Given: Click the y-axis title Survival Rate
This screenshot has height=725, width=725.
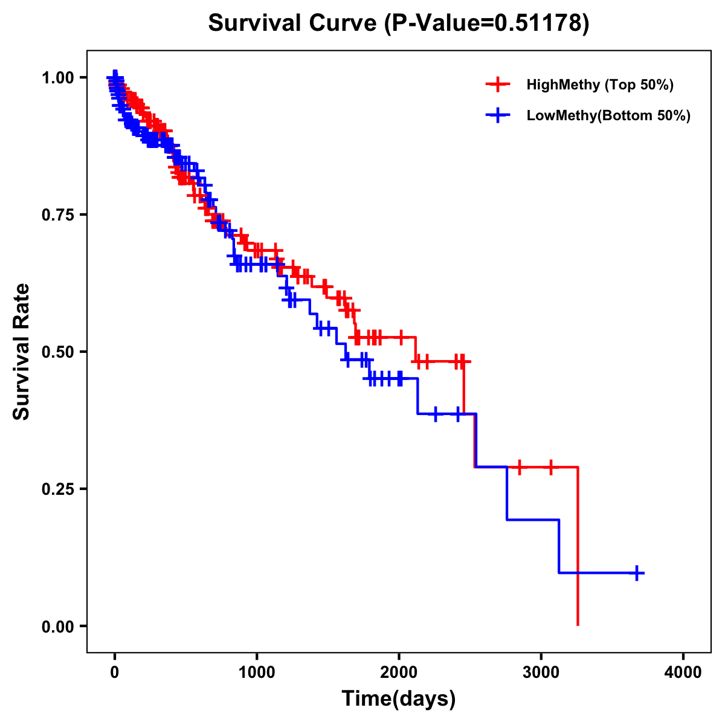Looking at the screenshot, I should pyautogui.click(x=22, y=351).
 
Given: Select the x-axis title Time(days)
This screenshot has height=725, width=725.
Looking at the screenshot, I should pyautogui.click(x=399, y=698).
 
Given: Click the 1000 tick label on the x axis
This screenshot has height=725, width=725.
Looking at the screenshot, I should pyautogui.click(x=257, y=672).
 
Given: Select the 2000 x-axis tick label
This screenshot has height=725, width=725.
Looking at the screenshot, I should pyautogui.click(x=399, y=672).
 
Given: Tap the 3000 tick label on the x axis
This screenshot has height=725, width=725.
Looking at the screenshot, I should pyautogui.click(x=541, y=672).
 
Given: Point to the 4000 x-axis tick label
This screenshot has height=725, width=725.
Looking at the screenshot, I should pyautogui.click(x=683, y=672).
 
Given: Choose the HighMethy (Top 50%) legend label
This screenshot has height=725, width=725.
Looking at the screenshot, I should pyautogui.click(x=600, y=85).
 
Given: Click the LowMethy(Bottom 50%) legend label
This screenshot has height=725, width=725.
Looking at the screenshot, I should pyautogui.click(x=608, y=115).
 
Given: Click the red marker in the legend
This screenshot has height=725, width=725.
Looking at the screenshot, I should pyautogui.click(x=498, y=85).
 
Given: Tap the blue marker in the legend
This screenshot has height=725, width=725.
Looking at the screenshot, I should pyautogui.click(x=498, y=115).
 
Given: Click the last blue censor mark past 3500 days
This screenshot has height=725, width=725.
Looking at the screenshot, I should pyautogui.click(x=637, y=573).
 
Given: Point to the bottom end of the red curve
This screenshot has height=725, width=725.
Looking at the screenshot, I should pyautogui.click(x=578, y=624).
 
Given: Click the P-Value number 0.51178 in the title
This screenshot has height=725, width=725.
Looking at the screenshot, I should pyautogui.click(x=539, y=23).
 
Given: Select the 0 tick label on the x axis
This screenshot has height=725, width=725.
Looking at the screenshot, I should pyautogui.click(x=115, y=672).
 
